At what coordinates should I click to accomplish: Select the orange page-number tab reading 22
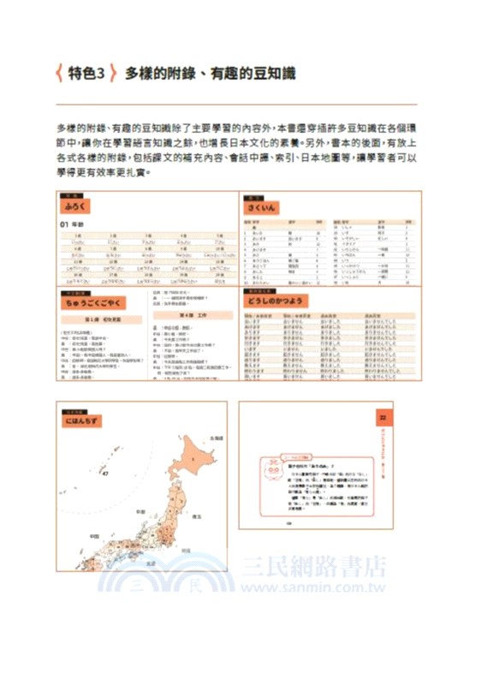pyautogui.click(x=383, y=417)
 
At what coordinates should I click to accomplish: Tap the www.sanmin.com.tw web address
pyautogui.click(x=312, y=587)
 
